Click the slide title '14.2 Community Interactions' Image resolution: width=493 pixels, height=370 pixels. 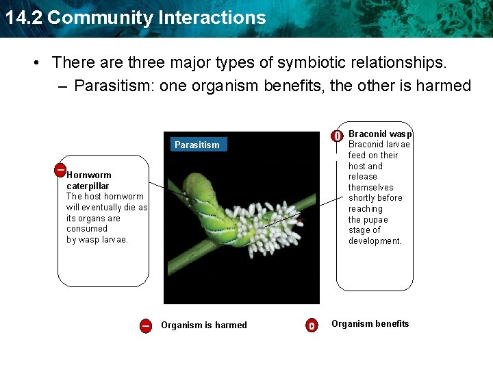click(135, 17)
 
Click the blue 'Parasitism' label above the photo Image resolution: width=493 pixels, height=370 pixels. click(197, 145)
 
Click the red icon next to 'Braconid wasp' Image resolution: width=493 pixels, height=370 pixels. click(337, 136)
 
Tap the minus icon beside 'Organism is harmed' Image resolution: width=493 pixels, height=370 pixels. click(146, 325)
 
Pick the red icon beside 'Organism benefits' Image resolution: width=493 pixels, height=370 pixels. click(312, 325)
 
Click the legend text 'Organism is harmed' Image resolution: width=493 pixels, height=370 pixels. click(203, 325)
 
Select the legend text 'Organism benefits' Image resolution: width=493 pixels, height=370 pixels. click(370, 324)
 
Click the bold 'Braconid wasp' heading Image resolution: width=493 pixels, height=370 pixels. click(380, 134)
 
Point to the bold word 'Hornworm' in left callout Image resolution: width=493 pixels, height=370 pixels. click(88, 175)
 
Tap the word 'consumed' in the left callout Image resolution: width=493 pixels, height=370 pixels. click(87, 229)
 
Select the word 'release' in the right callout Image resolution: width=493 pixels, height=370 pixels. click(363, 177)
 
